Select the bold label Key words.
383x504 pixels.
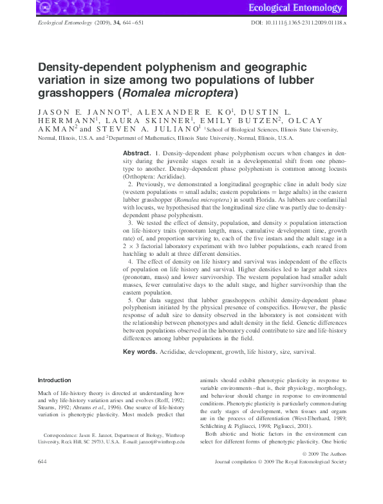click(140, 352)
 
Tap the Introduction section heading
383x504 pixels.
click(55, 380)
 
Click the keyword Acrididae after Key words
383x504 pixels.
click(174, 352)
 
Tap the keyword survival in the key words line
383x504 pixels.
click(302, 352)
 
